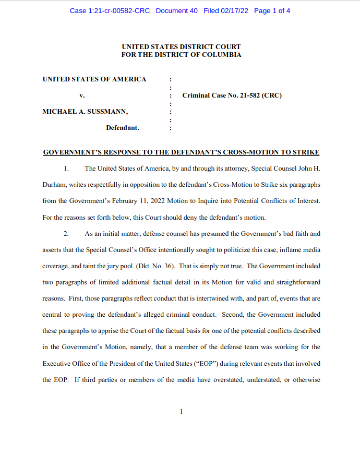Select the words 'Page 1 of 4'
pos(272,10)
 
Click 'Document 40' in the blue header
pos(176,10)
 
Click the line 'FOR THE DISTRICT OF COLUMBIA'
pos(181,55)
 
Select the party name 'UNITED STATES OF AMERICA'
pos(94,79)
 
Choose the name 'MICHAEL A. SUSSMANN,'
pos(85,111)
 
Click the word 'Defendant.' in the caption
pos(122,127)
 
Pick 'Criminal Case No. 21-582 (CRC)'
pos(232,95)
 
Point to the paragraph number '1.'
pos(66,168)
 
